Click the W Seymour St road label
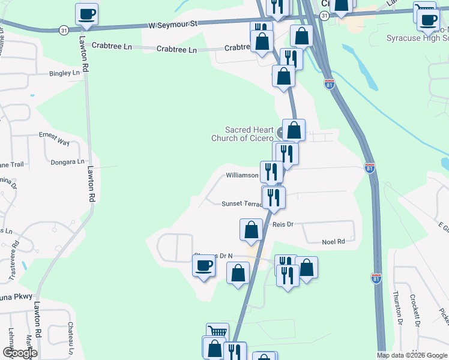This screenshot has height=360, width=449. [x=173, y=26]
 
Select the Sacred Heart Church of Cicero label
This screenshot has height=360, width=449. [x=249, y=134]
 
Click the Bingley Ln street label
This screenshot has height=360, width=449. [x=64, y=73]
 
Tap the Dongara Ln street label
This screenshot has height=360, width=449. [x=67, y=162]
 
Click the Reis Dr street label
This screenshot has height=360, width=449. [x=283, y=224]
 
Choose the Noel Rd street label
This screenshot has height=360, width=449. [x=333, y=242]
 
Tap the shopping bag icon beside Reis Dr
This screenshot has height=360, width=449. [x=251, y=230]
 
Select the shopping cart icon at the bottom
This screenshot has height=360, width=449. [x=217, y=333]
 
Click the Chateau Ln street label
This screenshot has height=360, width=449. [x=71, y=336]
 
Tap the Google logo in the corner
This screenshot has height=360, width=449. [x=20, y=353]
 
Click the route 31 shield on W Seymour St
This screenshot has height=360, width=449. [x=64, y=29]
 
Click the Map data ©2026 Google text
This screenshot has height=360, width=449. [x=412, y=355]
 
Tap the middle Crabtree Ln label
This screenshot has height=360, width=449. [x=176, y=50]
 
